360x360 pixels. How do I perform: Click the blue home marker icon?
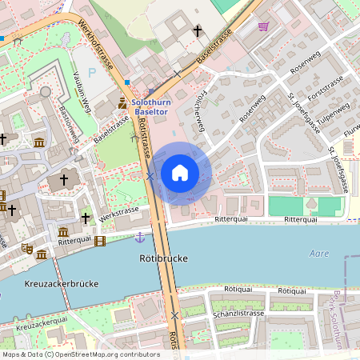(x=180, y=172)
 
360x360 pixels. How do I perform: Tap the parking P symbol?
(x=91, y=71)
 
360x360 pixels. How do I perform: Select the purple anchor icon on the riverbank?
(x=140, y=237)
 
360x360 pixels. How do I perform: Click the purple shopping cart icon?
(x=264, y=26)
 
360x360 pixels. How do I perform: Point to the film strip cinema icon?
(x=99, y=240)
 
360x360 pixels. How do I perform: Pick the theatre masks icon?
(x=26, y=250)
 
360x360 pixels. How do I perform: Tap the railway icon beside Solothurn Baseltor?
(x=122, y=103)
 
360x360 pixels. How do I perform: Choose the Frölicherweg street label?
(x=198, y=112)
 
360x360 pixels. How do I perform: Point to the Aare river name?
(x=318, y=254)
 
